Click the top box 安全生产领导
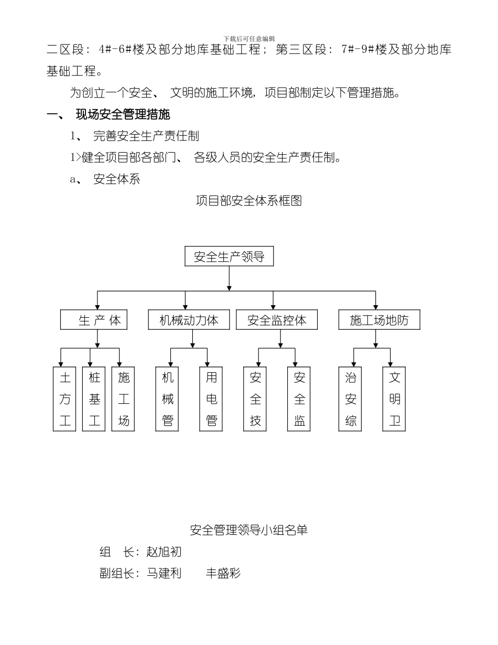click(x=229, y=257)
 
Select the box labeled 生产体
click(x=94, y=320)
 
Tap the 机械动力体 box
click(x=188, y=320)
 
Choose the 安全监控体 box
click(x=276, y=320)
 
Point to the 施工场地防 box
click(x=378, y=320)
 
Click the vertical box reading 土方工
click(x=64, y=399)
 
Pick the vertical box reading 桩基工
click(x=94, y=399)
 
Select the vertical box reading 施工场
click(x=124, y=399)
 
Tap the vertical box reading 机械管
click(x=168, y=399)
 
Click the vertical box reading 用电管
click(x=211, y=399)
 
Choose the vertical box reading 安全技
click(x=255, y=399)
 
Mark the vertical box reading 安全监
click(x=299, y=399)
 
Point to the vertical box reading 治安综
click(x=351, y=399)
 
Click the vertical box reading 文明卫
click(x=395, y=399)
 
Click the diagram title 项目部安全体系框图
click(x=248, y=201)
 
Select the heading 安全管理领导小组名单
click(x=248, y=530)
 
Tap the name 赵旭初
click(x=164, y=552)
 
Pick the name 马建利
click(x=164, y=573)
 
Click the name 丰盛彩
click(x=223, y=573)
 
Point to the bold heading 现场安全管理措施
click(x=123, y=114)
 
